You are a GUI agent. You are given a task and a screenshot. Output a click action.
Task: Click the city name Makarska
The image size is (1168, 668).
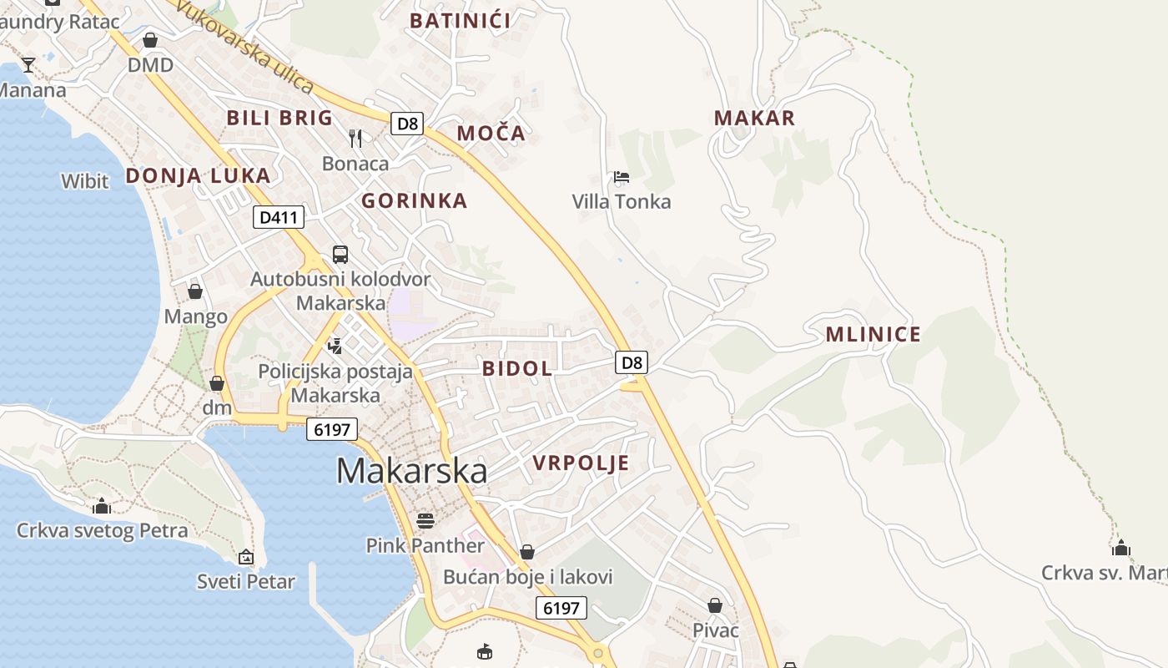point(411,471)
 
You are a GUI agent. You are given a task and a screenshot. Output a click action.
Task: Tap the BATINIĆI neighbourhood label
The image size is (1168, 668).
point(460,21)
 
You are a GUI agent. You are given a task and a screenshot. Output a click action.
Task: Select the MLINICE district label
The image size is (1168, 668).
point(873,335)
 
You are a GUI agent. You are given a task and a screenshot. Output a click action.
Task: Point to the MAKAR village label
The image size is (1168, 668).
point(754,119)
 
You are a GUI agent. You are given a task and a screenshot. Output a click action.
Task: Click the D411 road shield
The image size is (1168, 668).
point(279,218)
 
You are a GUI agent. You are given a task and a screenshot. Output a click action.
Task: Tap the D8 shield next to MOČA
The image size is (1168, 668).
point(407,124)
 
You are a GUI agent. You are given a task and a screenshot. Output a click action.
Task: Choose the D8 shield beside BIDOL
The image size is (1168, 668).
point(632,362)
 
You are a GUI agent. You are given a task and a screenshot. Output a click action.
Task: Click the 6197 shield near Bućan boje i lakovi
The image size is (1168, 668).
point(561,608)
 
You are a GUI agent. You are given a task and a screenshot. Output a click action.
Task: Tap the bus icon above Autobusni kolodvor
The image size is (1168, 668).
point(340,255)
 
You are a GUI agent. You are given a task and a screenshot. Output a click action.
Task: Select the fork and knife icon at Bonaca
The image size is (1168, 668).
point(355,138)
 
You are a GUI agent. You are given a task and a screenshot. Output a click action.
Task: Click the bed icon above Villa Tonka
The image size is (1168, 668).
point(621,177)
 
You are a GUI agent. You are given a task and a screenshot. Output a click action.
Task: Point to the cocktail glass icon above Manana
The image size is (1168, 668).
point(28,65)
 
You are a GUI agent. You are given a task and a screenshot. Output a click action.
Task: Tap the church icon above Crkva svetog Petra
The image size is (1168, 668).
point(102,506)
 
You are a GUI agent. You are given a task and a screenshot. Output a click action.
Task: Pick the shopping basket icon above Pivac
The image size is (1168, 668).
point(715,605)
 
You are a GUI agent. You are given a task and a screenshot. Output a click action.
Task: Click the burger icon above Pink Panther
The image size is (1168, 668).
point(425,521)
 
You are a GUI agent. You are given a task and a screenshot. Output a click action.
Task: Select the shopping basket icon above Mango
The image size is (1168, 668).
point(195,291)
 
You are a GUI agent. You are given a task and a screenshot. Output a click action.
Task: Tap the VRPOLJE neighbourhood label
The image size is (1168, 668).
point(581,463)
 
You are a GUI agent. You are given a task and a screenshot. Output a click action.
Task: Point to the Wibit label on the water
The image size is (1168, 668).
point(85,181)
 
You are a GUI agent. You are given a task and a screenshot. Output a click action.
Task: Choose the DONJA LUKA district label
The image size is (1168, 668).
point(198,176)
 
